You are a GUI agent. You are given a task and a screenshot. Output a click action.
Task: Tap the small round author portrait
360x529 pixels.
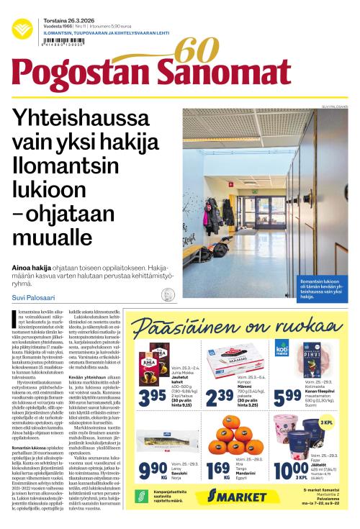[169, 294]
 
